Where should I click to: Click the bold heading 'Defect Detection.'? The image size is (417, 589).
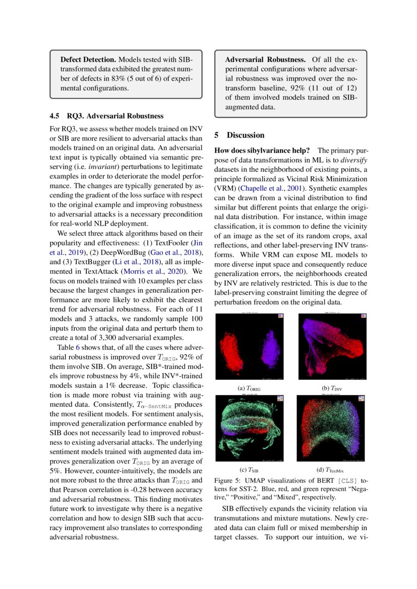coord(89,59)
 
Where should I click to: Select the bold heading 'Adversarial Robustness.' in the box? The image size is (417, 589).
coord(265,59)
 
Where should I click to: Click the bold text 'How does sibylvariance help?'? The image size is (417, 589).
coord(262,150)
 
